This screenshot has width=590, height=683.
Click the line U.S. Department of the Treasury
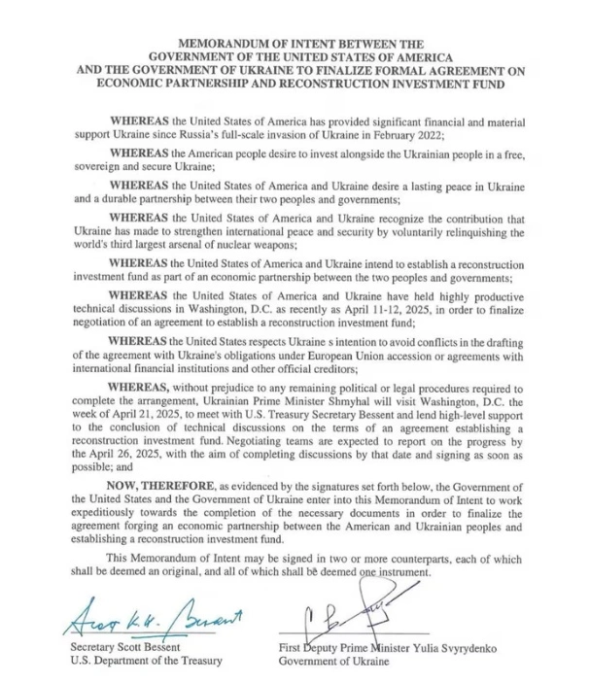(143, 662)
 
